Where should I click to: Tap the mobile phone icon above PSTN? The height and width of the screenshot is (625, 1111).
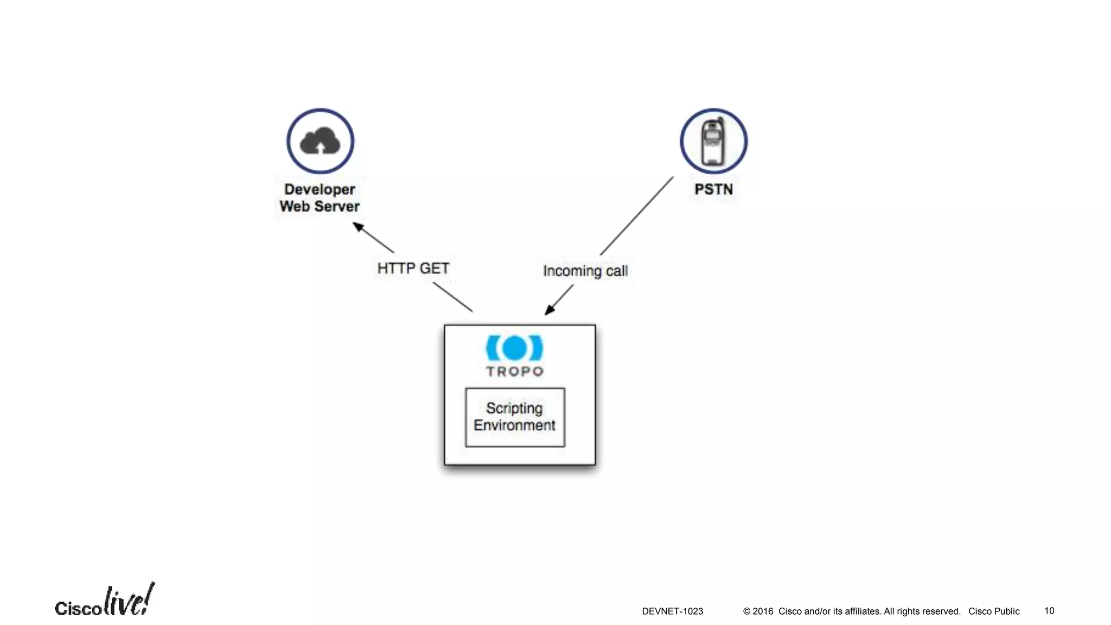coord(713,142)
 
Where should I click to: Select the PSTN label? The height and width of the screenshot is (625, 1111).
coord(713,189)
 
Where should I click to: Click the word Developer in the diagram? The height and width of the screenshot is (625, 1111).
coord(320,189)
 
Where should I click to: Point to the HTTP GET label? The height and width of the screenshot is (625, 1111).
coord(413,269)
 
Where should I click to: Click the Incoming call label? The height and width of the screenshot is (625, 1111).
coord(585,271)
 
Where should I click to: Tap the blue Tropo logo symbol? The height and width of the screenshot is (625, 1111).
coord(514,348)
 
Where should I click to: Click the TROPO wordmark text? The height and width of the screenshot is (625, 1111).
coord(514,372)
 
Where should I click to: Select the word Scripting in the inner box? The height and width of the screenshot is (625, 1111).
coord(514,408)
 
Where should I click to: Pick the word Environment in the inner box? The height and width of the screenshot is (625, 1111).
coord(514,425)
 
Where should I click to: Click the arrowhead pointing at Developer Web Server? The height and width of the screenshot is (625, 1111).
coord(358,226)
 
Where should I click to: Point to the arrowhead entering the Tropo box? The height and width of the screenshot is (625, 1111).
coord(550,310)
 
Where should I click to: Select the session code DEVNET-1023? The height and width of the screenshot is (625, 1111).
coord(672,611)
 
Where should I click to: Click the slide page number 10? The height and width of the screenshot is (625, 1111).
coord(1049,611)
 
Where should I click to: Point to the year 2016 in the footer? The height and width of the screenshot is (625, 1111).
coord(763,611)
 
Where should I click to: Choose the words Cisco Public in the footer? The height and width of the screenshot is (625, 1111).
coord(994,611)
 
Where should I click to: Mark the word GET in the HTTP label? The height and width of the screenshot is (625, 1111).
coord(435,269)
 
